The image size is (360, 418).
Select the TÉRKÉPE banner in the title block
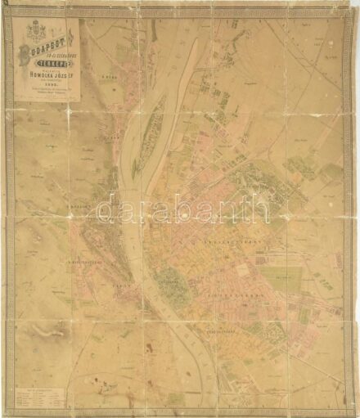click(47, 69)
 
